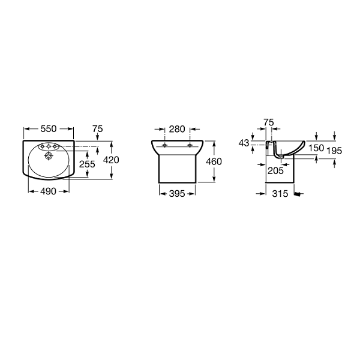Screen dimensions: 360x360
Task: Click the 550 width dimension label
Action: [49, 129]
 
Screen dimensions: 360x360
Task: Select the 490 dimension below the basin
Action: [48, 191]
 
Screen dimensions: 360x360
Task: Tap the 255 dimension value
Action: [87, 164]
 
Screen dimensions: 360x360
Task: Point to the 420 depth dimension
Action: [111, 160]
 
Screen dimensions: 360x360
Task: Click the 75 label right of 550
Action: [98, 129]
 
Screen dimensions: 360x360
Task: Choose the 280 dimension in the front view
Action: [177, 129]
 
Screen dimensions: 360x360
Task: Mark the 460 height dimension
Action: [214, 161]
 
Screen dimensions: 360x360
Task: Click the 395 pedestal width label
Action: [177, 194]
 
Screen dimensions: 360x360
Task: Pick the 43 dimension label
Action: [244, 143]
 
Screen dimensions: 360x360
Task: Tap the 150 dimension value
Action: [316, 148]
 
